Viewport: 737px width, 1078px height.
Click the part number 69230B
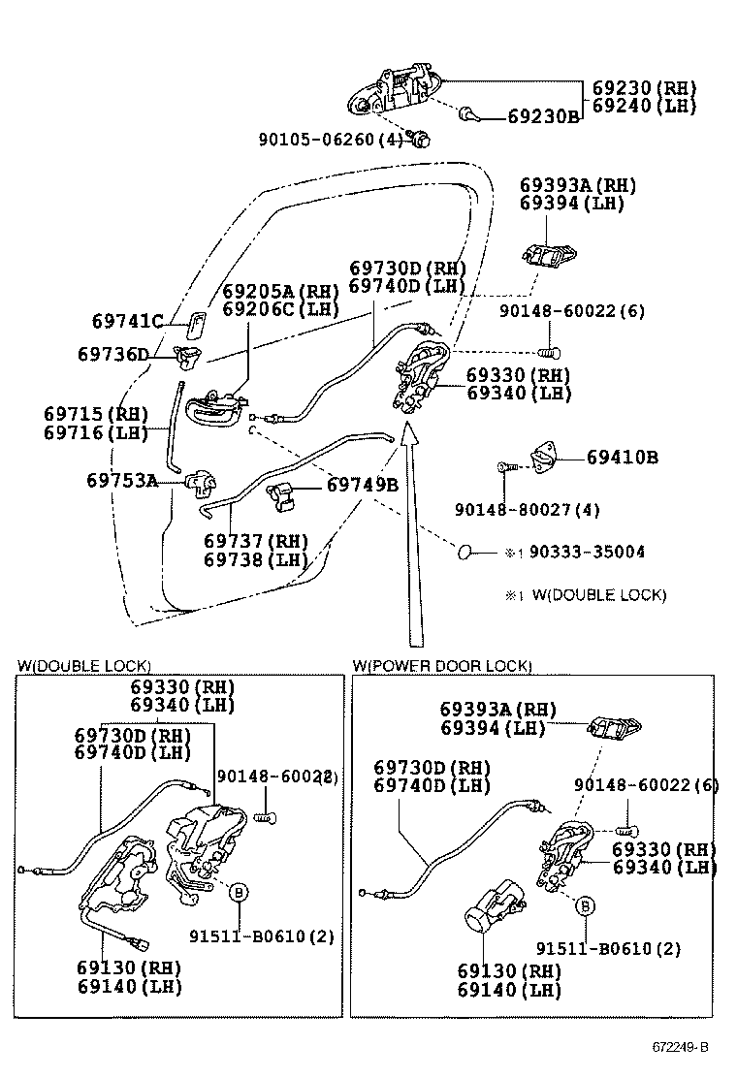click(543, 116)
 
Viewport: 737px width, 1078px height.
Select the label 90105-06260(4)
click(330, 139)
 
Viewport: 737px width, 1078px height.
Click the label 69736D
click(112, 355)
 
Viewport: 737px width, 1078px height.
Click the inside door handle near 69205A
click(212, 408)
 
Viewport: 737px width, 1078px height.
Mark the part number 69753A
click(121, 480)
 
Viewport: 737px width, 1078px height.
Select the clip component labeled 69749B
click(281, 493)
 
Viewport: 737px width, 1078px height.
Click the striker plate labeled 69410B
click(546, 455)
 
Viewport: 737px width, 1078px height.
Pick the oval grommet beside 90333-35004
click(466, 552)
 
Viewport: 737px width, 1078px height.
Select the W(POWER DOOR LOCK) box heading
click(442, 665)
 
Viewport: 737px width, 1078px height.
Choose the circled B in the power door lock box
click(585, 906)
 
